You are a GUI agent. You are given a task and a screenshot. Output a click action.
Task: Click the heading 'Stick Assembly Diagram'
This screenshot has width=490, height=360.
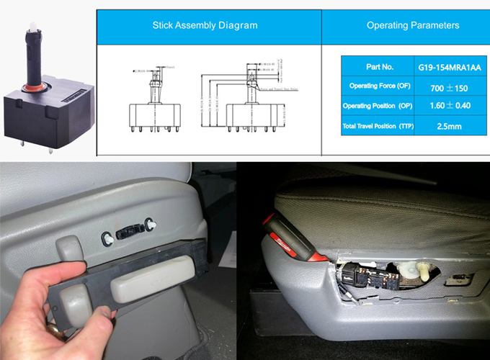[205, 25]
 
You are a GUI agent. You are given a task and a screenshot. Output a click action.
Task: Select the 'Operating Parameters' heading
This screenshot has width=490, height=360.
[413, 25]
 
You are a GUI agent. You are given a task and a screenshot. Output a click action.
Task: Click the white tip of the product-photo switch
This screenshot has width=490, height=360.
[34, 27]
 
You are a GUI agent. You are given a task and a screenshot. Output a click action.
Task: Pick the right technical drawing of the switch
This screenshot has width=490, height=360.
[251, 101]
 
